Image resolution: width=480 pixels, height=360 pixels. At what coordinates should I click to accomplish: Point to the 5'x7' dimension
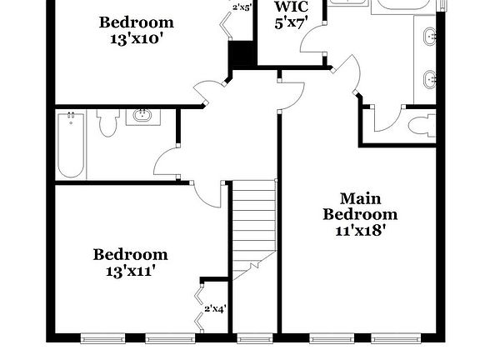(292, 23)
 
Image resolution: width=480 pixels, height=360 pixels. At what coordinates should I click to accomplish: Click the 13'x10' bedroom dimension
(137, 38)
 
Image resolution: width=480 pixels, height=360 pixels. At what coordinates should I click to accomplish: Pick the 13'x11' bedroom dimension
(130, 270)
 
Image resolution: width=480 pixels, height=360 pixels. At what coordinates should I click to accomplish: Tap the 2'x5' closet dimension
(242, 7)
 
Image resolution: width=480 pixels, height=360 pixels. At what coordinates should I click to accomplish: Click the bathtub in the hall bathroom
(70, 145)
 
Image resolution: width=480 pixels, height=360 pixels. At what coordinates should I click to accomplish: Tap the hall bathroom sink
(144, 116)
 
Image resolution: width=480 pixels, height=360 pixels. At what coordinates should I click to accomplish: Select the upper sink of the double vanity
(429, 37)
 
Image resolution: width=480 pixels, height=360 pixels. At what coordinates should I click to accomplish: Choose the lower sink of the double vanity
(429, 80)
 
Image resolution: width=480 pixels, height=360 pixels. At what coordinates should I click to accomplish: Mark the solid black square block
(242, 55)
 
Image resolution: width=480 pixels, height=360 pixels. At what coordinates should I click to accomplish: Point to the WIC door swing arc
(311, 42)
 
